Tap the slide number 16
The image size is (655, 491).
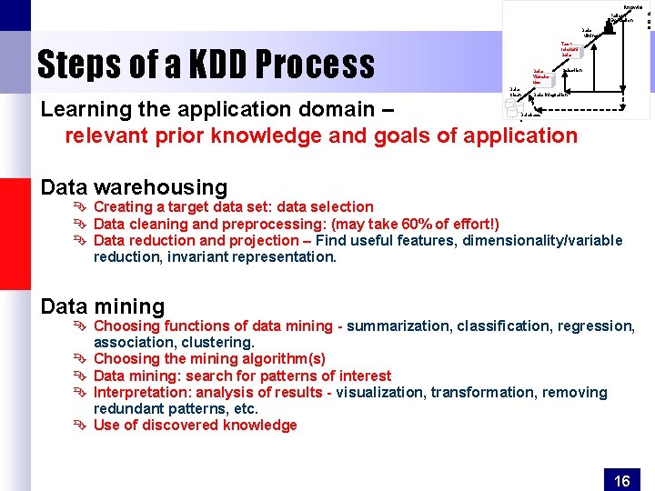coord(622,481)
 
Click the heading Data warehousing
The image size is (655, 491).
coord(134,187)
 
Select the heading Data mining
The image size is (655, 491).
coord(103,306)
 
